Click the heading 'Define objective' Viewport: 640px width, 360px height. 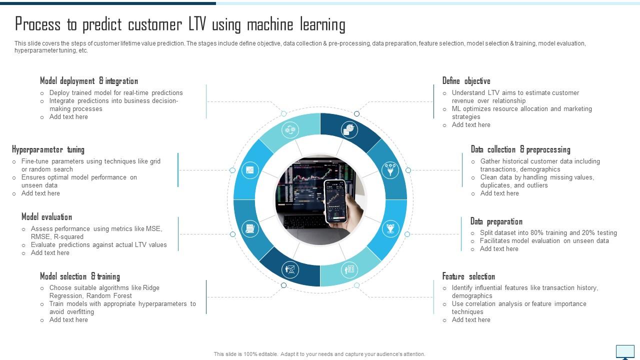(466, 81)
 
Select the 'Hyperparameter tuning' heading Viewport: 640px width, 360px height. (48, 149)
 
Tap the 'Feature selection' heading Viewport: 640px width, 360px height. (468, 276)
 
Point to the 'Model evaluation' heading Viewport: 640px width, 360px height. (46, 217)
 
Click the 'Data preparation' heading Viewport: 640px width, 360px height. (496, 221)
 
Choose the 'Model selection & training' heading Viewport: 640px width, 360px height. (80, 276)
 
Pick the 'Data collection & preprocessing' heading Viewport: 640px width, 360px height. (520, 149)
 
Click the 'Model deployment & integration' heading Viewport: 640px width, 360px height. (89, 81)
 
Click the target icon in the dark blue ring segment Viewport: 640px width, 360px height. (349, 129)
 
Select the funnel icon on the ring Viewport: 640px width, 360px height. (390, 170)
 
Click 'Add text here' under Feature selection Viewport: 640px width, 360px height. (471, 320)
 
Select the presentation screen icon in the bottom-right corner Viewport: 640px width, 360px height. (625, 352)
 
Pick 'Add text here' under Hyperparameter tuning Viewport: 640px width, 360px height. (40, 193)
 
